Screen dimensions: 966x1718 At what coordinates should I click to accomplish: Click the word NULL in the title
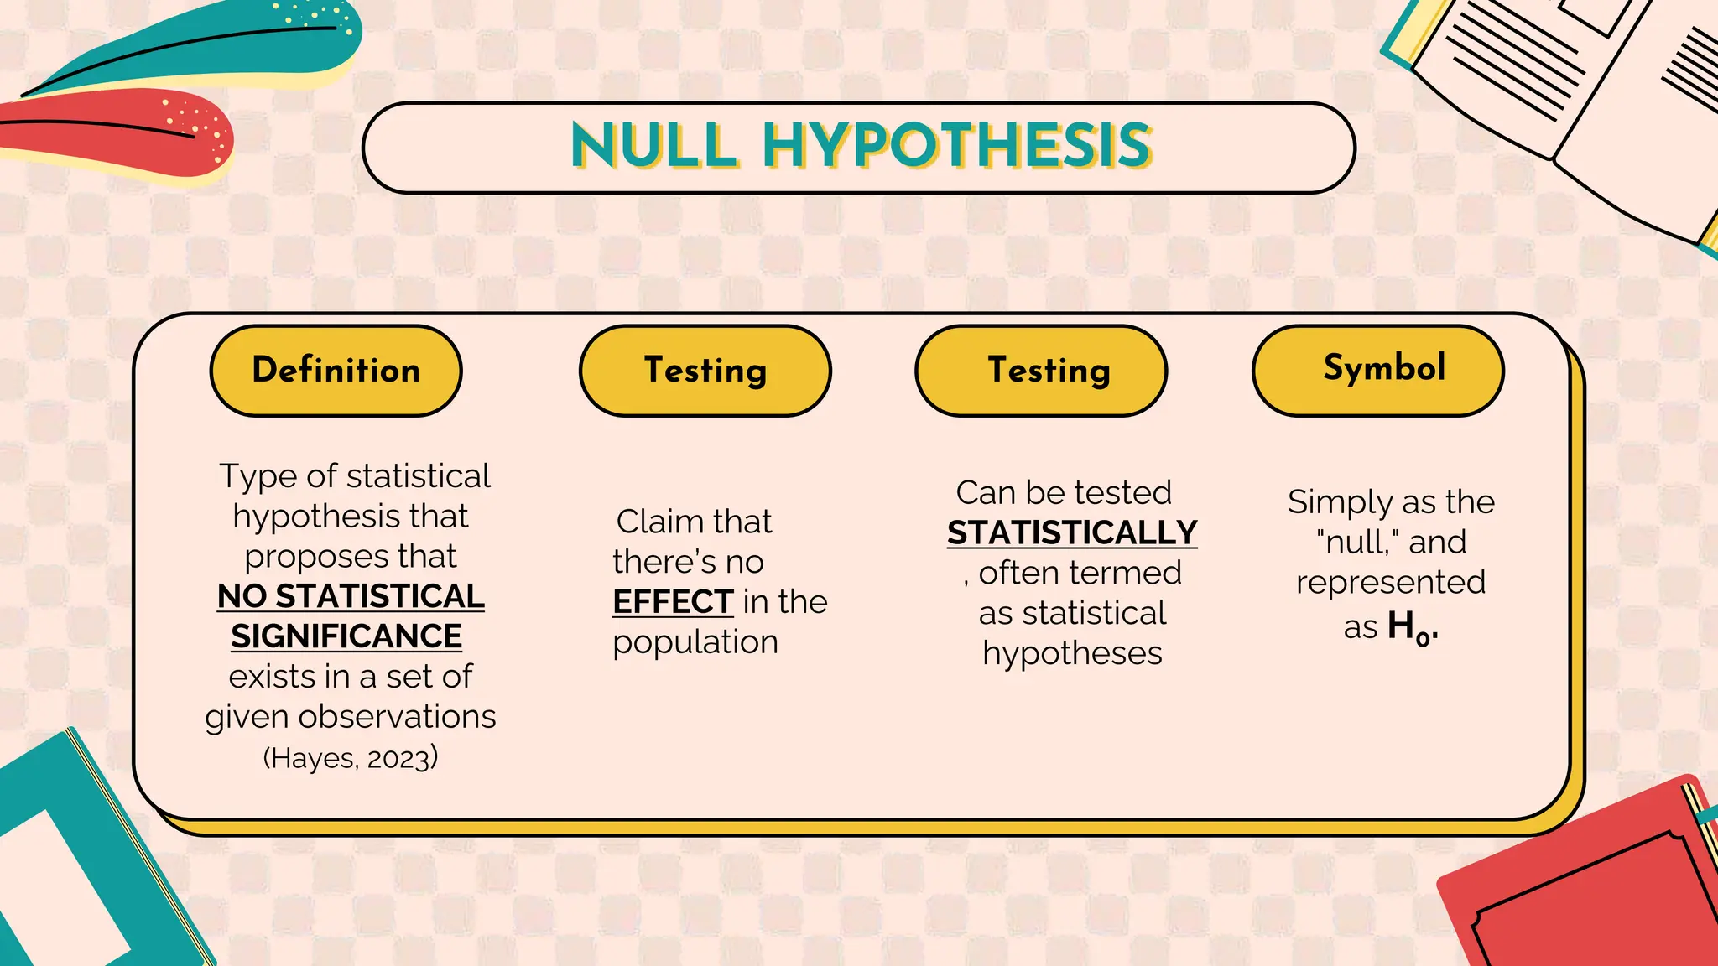pyautogui.click(x=654, y=146)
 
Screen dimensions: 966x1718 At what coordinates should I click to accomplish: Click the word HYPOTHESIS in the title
pyautogui.click(x=956, y=146)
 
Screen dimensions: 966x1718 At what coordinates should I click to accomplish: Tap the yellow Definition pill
pyautogui.click(x=336, y=371)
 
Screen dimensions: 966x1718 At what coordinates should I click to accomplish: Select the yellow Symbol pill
pyautogui.click(x=1377, y=369)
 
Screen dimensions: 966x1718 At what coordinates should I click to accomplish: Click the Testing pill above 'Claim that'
pyautogui.click(x=705, y=371)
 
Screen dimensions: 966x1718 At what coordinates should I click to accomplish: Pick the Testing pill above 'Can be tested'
pyautogui.click(x=1040, y=371)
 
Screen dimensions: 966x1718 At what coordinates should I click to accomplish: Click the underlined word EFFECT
pyautogui.click(x=673, y=602)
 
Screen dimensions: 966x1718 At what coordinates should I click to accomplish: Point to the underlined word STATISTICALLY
pyautogui.click(x=1072, y=533)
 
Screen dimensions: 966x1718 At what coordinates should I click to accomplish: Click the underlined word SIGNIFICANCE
pyautogui.click(x=346, y=636)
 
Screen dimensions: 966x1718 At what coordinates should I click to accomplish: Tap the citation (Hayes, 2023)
pyautogui.click(x=351, y=758)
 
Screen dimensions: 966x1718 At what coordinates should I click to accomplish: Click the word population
pyautogui.click(x=695, y=642)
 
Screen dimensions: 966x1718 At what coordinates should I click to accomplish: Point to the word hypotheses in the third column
pyautogui.click(x=1072, y=653)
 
